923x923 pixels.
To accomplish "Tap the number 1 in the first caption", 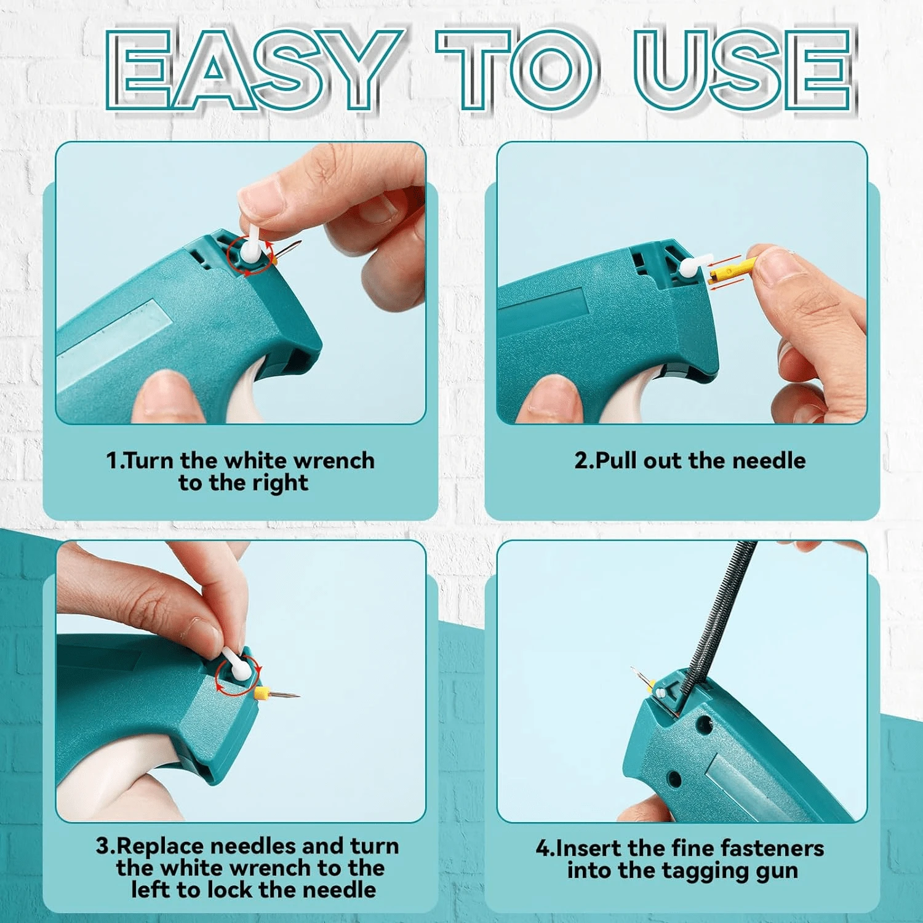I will click(x=111, y=460).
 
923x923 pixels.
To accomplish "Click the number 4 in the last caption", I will click(x=542, y=849).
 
